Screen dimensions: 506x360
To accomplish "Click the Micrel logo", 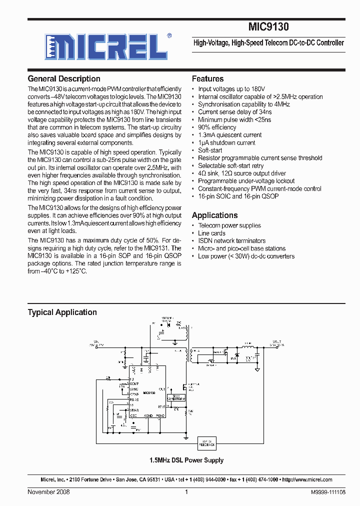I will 105,47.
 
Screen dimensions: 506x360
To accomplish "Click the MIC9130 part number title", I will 268,27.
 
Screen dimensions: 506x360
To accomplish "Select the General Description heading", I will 64,79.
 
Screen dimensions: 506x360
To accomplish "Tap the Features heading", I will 207,79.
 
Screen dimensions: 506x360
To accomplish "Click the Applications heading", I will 214,215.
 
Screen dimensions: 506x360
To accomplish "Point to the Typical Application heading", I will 62,312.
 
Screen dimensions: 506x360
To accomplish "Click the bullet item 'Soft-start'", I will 210,150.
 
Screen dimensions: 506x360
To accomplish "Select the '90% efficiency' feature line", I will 217,127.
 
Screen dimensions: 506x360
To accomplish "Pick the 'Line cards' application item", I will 211,233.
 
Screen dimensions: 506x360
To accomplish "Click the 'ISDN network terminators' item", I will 231,241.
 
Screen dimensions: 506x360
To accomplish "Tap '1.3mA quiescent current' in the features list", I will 229,135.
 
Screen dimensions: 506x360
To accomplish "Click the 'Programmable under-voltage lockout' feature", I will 246,181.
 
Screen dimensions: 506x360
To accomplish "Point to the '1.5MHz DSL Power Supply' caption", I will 186,460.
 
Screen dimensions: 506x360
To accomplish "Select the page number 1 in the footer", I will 186,492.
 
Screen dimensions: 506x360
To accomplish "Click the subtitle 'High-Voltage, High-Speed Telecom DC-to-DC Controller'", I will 268,43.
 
